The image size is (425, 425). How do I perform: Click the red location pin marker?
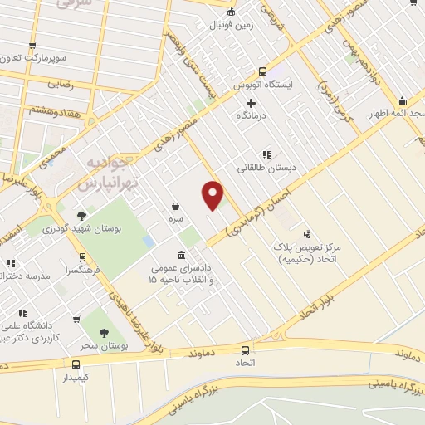tap(213, 194)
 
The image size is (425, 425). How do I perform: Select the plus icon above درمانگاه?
tap(252, 102)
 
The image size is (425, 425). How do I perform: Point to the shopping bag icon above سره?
tap(176, 205)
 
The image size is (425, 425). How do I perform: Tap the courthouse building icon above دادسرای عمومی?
tap(181, 255)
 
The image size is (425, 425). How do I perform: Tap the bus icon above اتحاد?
tap(245, 350)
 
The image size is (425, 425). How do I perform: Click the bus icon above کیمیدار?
tap(76, 364)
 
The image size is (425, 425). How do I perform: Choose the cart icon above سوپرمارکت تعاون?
tap(32, 45)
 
